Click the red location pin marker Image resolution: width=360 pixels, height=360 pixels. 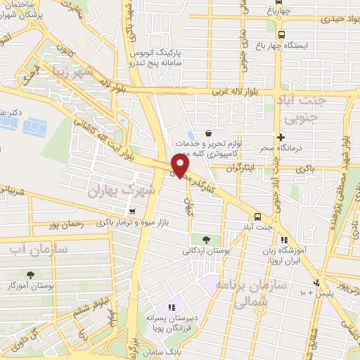point(180,165)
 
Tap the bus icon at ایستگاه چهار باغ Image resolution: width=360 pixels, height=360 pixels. point(282,34)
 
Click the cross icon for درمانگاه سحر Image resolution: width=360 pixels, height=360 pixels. point(281,138)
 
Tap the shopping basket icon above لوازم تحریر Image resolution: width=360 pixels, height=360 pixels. point(208,133)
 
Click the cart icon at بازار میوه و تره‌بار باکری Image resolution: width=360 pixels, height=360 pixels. point(131,211)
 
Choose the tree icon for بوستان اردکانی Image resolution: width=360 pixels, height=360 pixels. point(205,240)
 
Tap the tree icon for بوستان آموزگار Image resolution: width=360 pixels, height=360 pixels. point(30,275)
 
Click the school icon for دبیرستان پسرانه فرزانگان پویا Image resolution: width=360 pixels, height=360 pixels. point(171,307)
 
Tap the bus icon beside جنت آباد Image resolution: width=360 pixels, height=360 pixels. point(257,217)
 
